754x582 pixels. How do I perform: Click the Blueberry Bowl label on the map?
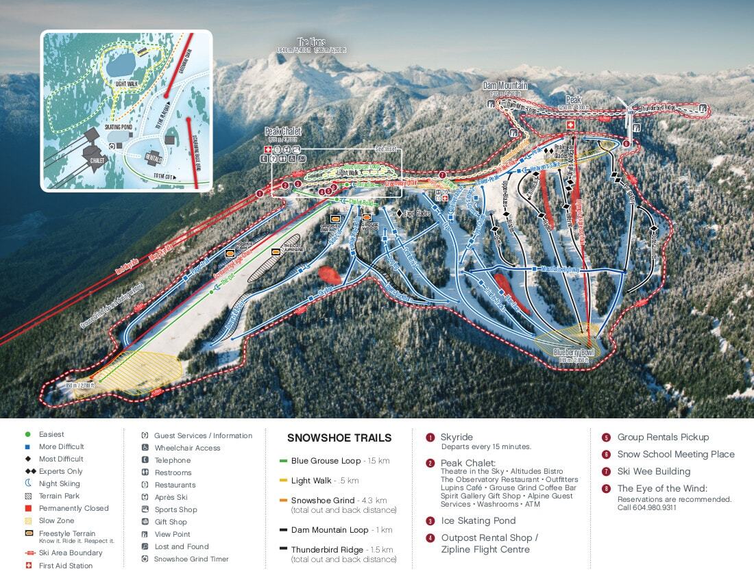coord(572,352)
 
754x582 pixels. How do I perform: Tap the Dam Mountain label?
coord(506,86)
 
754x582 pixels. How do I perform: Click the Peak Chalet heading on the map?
coord(282,131)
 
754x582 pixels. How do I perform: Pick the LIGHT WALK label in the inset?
coord(127,83)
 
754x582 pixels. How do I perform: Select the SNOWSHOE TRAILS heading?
coord(339,438)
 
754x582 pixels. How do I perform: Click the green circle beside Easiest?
coord(27,434)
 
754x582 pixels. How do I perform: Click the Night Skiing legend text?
coord(60,483)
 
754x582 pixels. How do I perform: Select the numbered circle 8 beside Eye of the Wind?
coord(606,488)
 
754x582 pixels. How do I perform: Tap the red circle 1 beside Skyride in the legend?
coord(430,437)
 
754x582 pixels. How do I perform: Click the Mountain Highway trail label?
coord(560,270)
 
